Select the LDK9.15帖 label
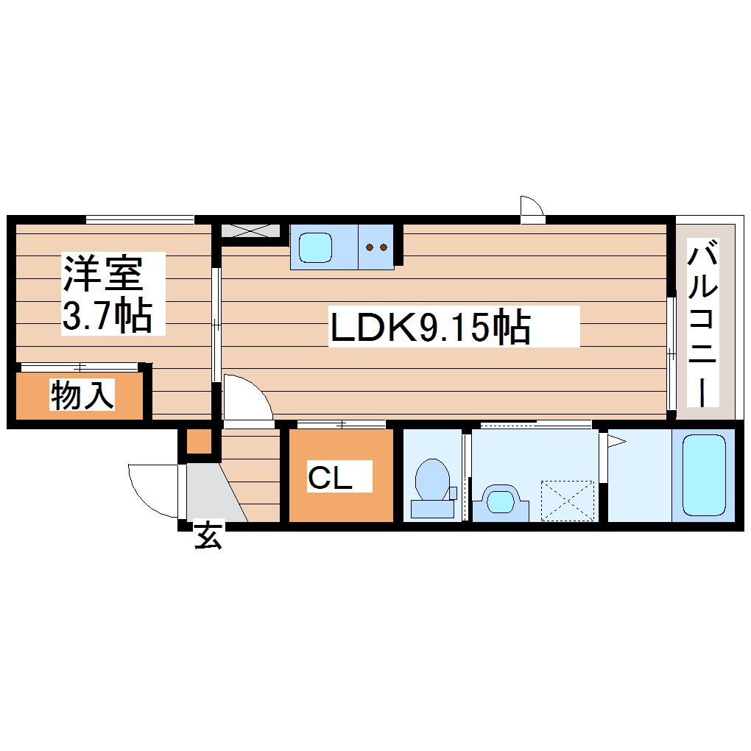point(431,328)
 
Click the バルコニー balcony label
point(703,324)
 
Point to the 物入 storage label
point(82,396)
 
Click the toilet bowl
point(432,482)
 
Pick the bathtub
point(704,475)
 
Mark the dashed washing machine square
point(567,500)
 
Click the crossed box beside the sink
point(250,230)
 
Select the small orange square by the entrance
point(198,442)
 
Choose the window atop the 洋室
point(139,219)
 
